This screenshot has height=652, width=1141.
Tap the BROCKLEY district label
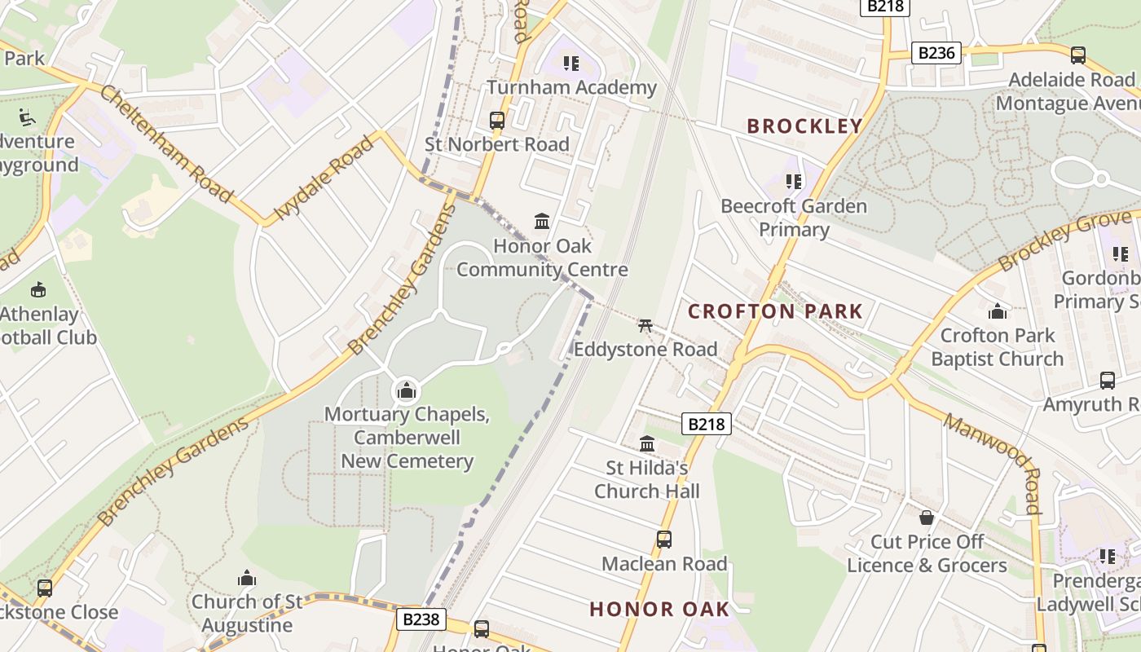tap(804, 126)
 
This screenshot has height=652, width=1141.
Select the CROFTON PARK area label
tap(775, 311)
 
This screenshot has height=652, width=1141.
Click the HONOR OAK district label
tap(659, 609)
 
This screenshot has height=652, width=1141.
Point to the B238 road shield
tap(421, 619)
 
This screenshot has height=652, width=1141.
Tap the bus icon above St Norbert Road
tap(497, 121)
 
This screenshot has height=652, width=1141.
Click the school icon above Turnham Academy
tap(571, 63)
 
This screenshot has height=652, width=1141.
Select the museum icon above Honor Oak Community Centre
tap(542, 221)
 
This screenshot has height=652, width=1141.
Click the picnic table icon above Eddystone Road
tap(645, 325)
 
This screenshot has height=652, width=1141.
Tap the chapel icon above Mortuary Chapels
tap(407, 390)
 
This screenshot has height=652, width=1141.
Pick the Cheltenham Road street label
tap(165, 143)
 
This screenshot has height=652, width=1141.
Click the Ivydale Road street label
tap(324, 178)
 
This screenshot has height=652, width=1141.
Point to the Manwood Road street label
tap(993, 462)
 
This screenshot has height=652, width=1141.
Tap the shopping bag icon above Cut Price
tap(927, 518)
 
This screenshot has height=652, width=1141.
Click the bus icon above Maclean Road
tap(664, 540)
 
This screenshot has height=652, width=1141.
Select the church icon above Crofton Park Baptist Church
tap(998, 311)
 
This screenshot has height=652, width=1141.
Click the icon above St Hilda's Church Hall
tap(647, 443)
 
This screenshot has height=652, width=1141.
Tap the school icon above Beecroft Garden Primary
tap(794, 181)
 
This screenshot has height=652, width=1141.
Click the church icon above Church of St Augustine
tap(247, 579)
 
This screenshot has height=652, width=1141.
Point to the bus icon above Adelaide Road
tap(1078, 55)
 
